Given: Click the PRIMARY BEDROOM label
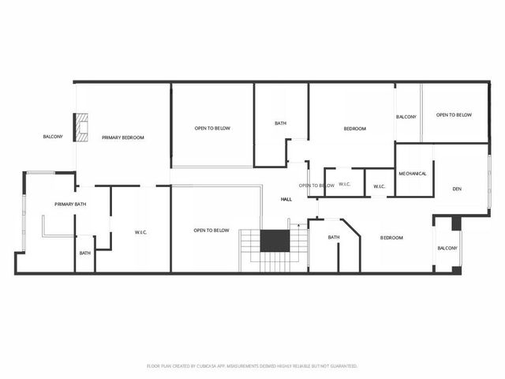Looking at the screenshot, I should (x=123, y=137).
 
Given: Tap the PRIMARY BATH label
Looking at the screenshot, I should (x=70, y=205).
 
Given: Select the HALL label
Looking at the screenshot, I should (x=286, y=199).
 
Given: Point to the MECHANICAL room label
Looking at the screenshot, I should (x=413, y=174).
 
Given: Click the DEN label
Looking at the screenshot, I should (x=457, y=189).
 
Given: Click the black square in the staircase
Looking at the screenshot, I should (x=275, y=241).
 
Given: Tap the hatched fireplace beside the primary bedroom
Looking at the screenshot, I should (x=80, y=128).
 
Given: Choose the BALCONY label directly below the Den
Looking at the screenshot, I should (x=447, y=248).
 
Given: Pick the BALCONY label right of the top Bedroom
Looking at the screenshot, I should (x=406, y=117).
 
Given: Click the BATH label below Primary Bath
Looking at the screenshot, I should (x=84, y=253).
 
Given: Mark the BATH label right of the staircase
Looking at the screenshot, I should (x=334, y=237).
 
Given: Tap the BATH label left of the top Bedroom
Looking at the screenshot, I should (x=280, y=123).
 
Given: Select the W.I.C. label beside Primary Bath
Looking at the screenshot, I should (x=142, y=232).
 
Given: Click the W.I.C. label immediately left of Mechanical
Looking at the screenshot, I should (x=379, y=186).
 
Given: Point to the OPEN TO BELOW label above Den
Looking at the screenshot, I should (x=454, y=115).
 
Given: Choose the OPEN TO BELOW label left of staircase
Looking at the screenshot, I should (x=211, y=231).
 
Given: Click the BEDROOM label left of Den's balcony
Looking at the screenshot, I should (x=391, y=238).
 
